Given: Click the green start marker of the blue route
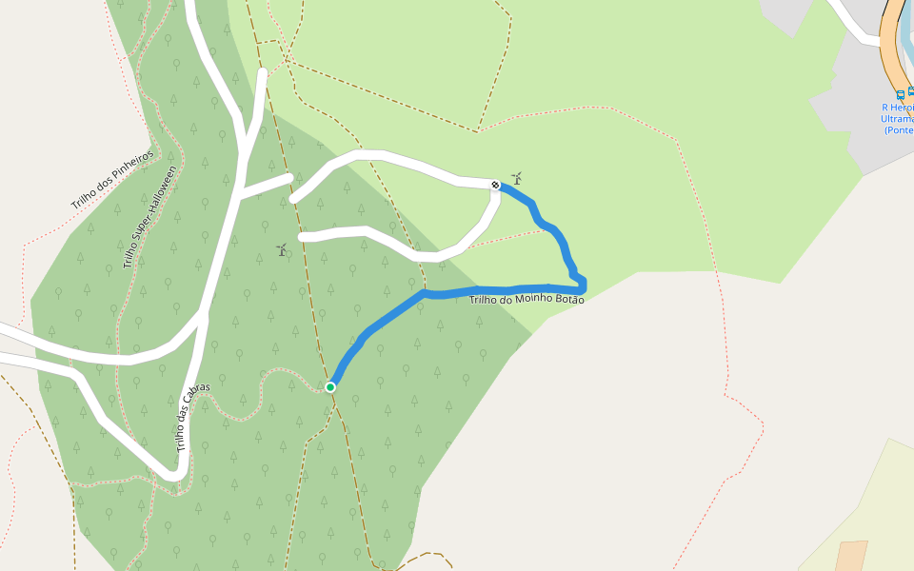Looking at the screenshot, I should click(x=330, y=386).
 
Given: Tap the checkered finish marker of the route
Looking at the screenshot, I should click(x=495, y=185).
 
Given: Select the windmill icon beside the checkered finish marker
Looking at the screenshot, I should click(x=517, y=178).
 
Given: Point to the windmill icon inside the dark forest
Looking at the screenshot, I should click(x=282, y=250).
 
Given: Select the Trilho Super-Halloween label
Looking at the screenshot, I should click(x=150, y=217).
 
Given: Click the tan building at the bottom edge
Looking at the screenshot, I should click(x=850, y=556).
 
